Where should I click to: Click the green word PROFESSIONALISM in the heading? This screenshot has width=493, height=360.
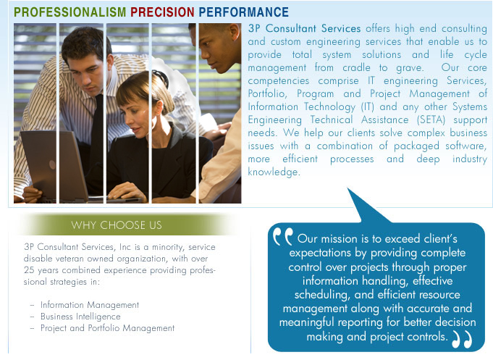point(69,12)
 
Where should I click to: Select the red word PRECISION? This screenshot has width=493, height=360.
point(162,12)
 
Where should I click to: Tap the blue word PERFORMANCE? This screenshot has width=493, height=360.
point(244,12)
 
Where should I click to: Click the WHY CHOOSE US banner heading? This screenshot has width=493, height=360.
point(117,225)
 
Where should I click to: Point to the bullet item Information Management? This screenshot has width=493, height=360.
point(90,305)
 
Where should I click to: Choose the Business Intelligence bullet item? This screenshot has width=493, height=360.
point(80,317)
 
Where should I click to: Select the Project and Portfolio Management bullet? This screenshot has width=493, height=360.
point(108,328)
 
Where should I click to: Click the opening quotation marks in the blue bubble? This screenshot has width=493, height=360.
point(282,236)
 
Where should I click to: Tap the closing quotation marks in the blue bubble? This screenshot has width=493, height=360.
point(462,339)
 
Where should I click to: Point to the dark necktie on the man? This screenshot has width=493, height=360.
point(97,135)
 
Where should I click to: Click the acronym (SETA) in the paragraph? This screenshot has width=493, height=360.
point(431,120)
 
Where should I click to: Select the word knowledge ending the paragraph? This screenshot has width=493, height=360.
point(274,172)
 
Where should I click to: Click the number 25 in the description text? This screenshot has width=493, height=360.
point(29,270)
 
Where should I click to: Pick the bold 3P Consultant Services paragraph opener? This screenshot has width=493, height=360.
point(304,29)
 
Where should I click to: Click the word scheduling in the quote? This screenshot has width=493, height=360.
point(322,296)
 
